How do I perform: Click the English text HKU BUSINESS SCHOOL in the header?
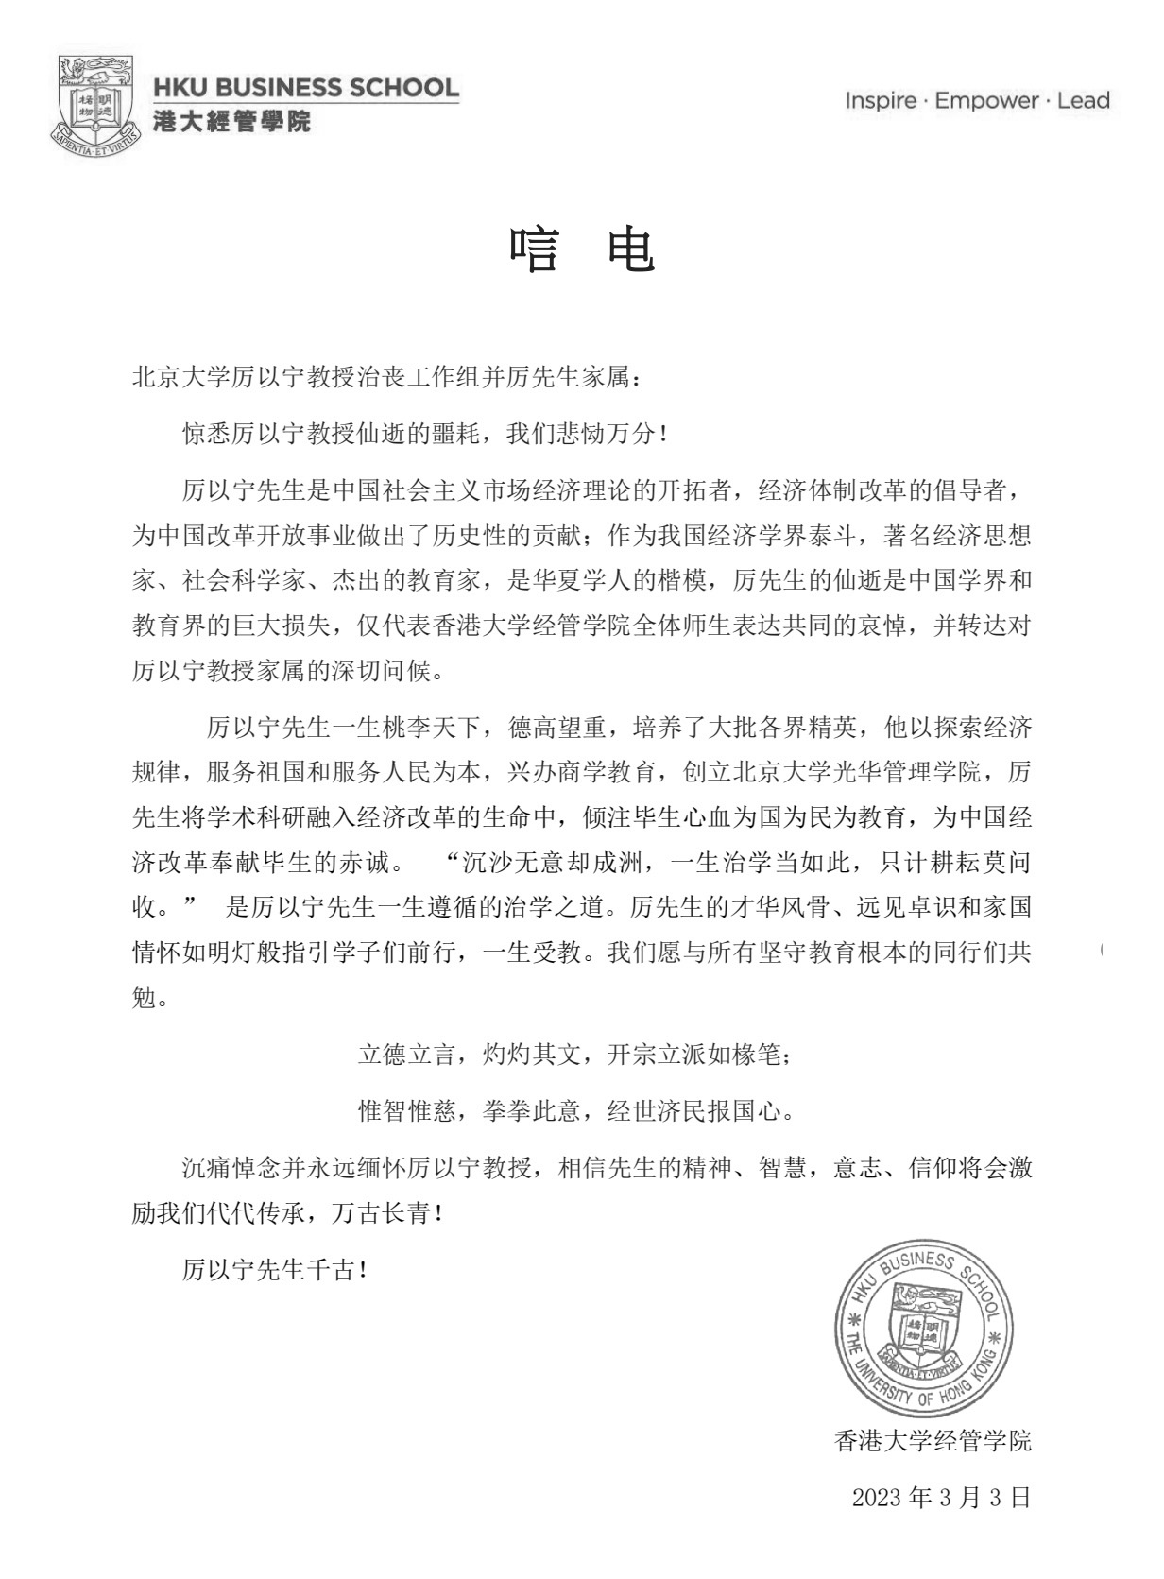tap(306, 89)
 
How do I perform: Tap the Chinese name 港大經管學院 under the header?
tap(231, 121)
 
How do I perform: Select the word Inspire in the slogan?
tap(880, 101)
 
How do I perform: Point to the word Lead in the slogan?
tap(1084, 101)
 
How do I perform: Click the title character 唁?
tap(535, 251)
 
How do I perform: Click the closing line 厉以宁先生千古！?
tap(275, 1271)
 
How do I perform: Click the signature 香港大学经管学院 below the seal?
tap(933, 1441)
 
